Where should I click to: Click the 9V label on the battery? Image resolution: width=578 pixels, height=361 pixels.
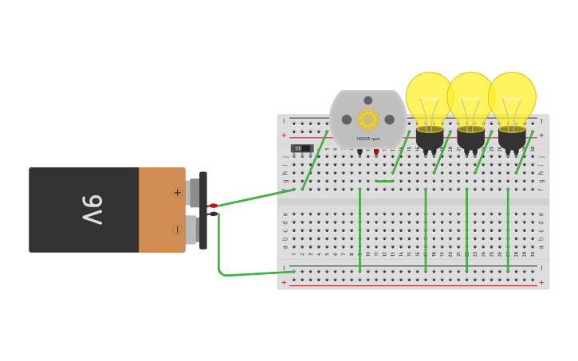(x=92, y=210)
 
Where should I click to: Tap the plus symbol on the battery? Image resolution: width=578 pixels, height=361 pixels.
(x=177, y=192)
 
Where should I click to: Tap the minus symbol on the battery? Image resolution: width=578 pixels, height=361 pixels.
(x=177, y=230)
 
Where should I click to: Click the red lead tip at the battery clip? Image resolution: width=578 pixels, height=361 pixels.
(x=213, y=206)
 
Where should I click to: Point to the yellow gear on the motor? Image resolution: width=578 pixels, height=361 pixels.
(x=368, y=120)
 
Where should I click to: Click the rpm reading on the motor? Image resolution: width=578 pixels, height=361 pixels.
(x=368, y=139)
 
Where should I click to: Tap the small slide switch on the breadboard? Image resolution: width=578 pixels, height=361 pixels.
(x=301, y=148)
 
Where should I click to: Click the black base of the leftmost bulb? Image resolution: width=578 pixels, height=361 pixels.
(x=430, y=139)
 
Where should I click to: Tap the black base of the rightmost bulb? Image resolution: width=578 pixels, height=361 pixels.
(x=512, y=139)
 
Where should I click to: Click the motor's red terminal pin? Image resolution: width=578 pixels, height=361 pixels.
(x=376, y=151)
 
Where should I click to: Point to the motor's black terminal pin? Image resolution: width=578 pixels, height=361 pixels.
(x=360, y=151)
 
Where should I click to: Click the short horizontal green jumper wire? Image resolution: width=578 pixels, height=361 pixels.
(x=384, y=181)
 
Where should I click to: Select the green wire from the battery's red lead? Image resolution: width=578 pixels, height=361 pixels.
(x=255, y=198)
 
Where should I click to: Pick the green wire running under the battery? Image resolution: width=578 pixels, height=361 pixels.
(x=255, y=274)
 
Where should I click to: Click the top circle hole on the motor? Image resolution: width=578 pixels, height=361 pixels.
(x=368, y=100)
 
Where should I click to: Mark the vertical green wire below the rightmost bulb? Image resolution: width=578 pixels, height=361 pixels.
(x=508, y=231)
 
